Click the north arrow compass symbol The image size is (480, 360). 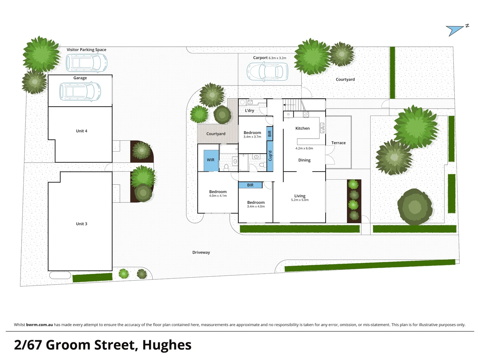click(457, 30)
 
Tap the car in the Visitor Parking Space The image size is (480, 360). click(86, 62)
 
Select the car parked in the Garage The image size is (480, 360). click(80, 91)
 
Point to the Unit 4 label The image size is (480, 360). click(81, 131)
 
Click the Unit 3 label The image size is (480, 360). click(81, 224)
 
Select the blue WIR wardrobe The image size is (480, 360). click(211, 160)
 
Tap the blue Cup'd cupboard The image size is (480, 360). click(270, 156)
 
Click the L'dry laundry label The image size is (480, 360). click(249, 111)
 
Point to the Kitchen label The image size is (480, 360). click(302, 128)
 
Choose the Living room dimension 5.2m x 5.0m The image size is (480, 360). click(300, 200)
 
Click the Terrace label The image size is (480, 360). click(338, 143)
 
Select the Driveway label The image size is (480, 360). click(201, 252)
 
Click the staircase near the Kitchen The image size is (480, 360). click(293, 105)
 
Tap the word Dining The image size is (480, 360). click(304, 160)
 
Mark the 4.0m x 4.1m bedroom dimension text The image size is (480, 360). click(218, 196)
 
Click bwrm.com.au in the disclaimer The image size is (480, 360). click(39, 325)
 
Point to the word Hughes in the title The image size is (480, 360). click(167, 345)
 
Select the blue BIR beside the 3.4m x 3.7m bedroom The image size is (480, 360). click(270, 133)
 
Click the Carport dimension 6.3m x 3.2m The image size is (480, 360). click(277, 58)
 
